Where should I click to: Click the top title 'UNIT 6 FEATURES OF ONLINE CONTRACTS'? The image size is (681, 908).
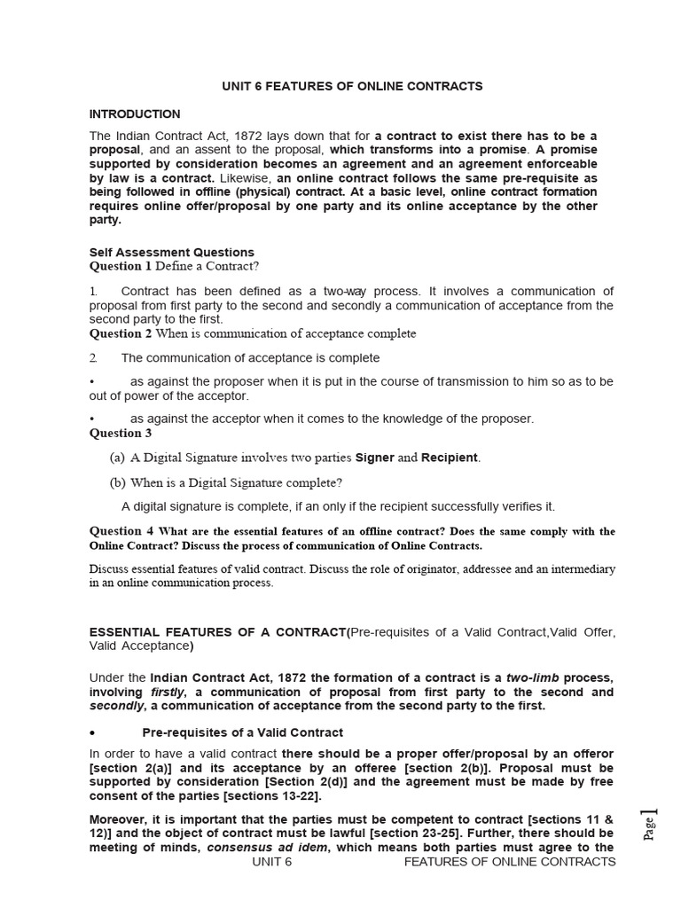pos(352,86)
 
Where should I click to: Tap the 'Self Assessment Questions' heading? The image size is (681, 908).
pos(172,253)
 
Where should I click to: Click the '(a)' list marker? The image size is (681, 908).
pos(117,458)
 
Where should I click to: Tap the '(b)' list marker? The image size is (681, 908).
pos(117,483)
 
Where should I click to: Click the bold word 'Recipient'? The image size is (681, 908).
pos(450,458)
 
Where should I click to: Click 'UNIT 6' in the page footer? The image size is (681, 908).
pos(271,862)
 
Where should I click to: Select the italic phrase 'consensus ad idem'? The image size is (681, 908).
pos(258,848)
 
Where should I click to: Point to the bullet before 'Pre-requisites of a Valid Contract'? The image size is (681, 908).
pos(93,733)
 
